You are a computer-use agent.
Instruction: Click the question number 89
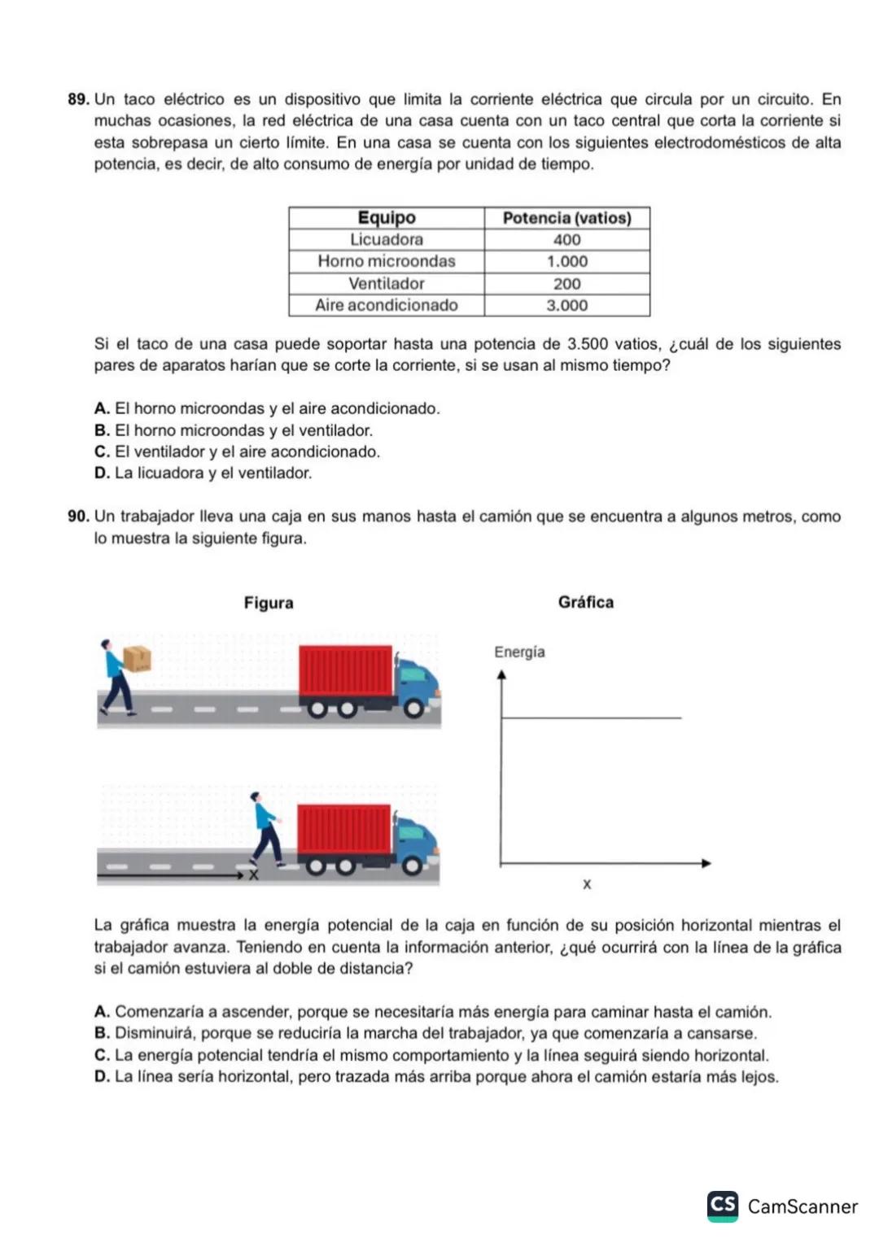pyautogui.click(x=78, y=100)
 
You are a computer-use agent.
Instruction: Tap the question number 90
pyautogui.click(x=78, y=517)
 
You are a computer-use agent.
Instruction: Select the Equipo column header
pyautogui.click(x=387, y=218)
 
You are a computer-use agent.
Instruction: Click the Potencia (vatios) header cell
pyautogui.click(x=566, y=218)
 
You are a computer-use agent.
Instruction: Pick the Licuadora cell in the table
pyautogui.click(x=387, y=240)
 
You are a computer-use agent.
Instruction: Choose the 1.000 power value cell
pyautogui.click(x=566, y=262)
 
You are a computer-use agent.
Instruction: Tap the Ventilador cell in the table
pyautogui.click(x=387, y=284)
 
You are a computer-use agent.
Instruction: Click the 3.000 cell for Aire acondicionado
pyautogui.click(x=566, y=306)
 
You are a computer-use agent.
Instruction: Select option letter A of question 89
pyautogui.click(x=102, y=408)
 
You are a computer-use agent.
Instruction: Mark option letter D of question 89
pyautogui.click(x=102, y=473)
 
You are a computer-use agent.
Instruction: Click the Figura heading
pyautogui.click(x=269, y=603)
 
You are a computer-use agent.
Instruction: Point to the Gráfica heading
pyautogui.click(x=586, y=603)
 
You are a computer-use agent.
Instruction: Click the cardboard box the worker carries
pyautogui.click(x=137, y=658)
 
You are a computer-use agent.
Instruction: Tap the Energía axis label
pyautogui.click(x=519, y=652)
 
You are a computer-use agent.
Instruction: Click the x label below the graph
pyautogui.click(x=587, y=884)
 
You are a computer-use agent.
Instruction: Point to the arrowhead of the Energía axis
pyautogui.click(x=501, y=674)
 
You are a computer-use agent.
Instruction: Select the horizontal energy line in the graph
pyautogui.click(x=591, y=718)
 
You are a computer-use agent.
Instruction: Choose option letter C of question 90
pyautogui.click(x=102, y=1056)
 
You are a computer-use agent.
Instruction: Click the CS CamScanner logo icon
pyautogui.click(x=723, y=1206)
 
